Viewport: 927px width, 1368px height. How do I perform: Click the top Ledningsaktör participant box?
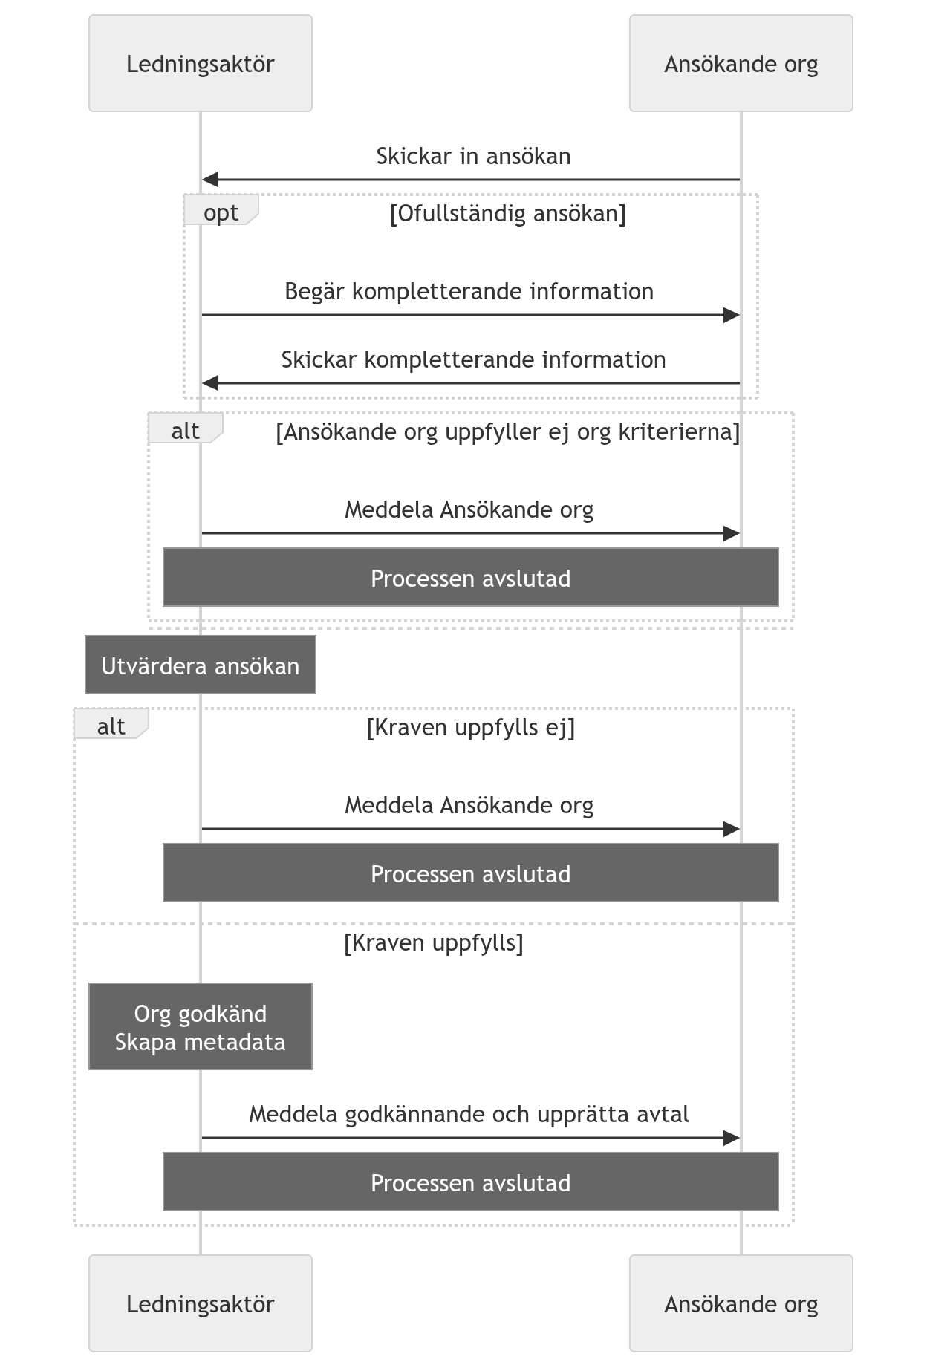coord(201,63)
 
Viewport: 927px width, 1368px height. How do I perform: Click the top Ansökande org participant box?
coord(741,63)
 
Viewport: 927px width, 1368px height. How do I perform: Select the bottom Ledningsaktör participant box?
coord(201,1303)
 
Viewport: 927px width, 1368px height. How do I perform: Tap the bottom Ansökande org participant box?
coord(741,1303)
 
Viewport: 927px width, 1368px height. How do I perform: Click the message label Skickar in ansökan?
coord(473,157)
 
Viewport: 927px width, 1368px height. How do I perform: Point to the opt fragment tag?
coord(221,209)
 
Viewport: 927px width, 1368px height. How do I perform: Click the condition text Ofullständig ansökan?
coord(508,214)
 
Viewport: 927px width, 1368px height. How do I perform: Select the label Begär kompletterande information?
coord(469,292)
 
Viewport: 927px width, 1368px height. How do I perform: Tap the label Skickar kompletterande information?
coord(473,360)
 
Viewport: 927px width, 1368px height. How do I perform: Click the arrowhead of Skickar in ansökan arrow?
coord(210,180)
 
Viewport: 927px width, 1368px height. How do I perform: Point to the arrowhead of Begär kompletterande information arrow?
coord(732,315)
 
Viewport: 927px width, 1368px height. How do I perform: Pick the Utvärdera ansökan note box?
coord(201,665)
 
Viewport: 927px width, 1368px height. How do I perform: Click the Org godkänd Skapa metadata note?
coord(201,1026)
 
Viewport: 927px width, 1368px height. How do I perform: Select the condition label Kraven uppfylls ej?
coord(471,728)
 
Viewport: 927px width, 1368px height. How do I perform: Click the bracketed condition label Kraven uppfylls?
coord(434,943)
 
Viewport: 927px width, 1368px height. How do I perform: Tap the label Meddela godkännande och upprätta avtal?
coord(469,1115)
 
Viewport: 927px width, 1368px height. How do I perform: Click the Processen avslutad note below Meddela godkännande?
coord(471,1182)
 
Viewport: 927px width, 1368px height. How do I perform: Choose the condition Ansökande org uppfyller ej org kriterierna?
coord(508,432)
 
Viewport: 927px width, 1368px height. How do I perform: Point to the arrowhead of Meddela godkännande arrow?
coord(732,1138)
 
